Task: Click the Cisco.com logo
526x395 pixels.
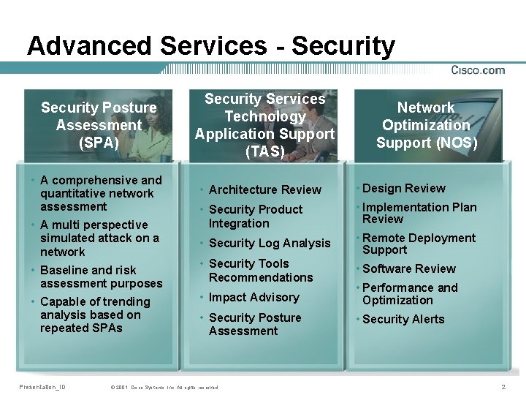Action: pyautogui.click(x=478, y=70)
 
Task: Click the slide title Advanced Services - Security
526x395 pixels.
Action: pyautogui.click(x=210, y=46)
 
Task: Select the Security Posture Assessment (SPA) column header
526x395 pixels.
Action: pyautogui.click(x=99, y=125)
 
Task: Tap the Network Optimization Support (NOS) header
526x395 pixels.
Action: pyautogui.click(x=427, y=125)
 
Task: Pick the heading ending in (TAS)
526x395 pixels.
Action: pyautogui.click(x=264, y=125)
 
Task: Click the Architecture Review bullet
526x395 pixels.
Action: pyautogui.click(x=264, y=189)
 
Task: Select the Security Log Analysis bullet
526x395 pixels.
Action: pyautogui.click(x=269, y=243)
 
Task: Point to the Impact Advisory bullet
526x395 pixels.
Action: pyautogui.click(x=254, y=297)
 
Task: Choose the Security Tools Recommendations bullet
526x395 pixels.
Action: pyautogui.click(x=260, y=271)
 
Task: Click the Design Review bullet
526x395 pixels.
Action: pyautogui.click(x=403, y=188)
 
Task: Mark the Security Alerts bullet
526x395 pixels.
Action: pyautogui.click(x=403, y=319)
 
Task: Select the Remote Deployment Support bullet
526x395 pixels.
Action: pyautogui.click(x=418, y=244)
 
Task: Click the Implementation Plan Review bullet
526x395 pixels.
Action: pyautogui.click(x=419, y=213)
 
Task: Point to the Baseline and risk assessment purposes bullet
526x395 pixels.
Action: pyautogui.click(x=101, y=276)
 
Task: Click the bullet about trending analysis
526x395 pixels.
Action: pyautogui.click(x=95, y=315)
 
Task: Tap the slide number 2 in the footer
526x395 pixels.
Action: pyautogui.click(x=503, y=386)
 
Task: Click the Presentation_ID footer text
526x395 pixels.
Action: pyautogui.click(x=42, y=386)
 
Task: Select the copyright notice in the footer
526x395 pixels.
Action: pyautogui.click(x=164, y=387)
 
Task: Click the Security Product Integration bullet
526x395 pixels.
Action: pyautogui.click(x=255, y=217)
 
